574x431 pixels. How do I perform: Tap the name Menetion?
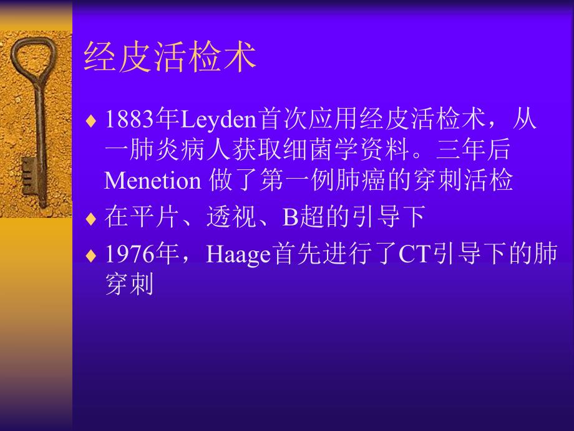click(x=152, y=181)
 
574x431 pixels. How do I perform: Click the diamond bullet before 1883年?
click(x=92, y=120)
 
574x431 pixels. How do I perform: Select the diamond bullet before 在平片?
click(x=92, y=219)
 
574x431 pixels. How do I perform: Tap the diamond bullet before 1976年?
click(x=92, y=256)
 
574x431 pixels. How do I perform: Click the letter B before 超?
click(x=291, y=217)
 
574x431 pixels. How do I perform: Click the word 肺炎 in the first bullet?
click(x=158, y=149)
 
